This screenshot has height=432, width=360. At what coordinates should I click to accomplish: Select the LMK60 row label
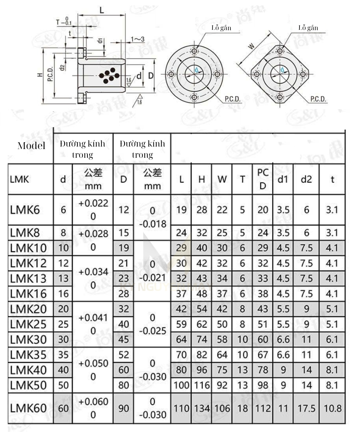tap(28, 408)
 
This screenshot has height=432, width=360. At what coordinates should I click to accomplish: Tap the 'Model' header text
tap(31, 146)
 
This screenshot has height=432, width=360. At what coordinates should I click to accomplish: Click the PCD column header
tap(263, 180)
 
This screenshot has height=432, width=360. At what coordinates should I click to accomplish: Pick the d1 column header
tap(283, 180)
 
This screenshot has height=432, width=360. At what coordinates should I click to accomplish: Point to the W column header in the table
tap(222, 180)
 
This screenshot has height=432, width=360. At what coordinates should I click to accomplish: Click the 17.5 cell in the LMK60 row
tap(306, 408)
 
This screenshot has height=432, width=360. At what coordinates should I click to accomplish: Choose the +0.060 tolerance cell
tap(93, 408)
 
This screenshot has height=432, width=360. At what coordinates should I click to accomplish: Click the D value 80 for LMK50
tap(123, 385)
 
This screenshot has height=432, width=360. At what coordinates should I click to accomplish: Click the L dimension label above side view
tap(102, 10)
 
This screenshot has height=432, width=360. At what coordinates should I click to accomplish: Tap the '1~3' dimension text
tap(138, 39)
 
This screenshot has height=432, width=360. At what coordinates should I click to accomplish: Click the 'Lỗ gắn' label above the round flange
tap(221, 28)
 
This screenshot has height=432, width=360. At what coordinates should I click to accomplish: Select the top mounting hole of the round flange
tap(194, 51)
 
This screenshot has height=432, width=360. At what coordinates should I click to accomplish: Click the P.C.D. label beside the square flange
tap(318, 99)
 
